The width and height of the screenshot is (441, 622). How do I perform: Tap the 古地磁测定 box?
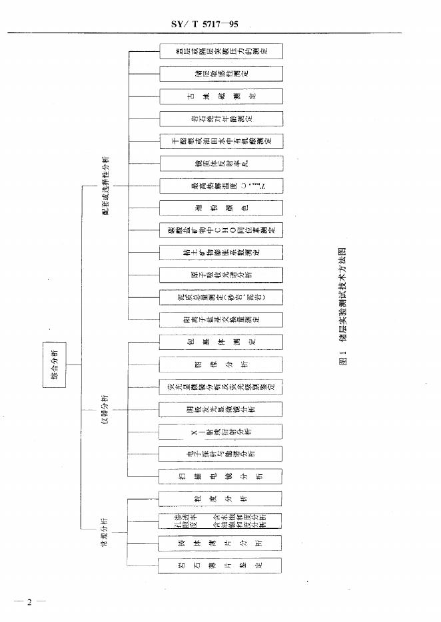pos(220,96)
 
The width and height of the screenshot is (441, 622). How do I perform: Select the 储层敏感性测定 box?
pos(220,73)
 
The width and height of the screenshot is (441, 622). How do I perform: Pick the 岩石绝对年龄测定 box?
pos(220,118)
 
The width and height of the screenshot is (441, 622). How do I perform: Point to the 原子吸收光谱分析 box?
pos(220,275)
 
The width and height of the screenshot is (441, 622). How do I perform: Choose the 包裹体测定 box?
pos(220,342)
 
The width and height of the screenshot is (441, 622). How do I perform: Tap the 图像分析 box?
pos(220,365)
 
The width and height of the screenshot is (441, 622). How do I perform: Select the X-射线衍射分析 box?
pos(220,431)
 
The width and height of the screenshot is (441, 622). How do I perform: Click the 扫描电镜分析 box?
pos(220,476)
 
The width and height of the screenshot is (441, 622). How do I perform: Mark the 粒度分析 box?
pos(220,498)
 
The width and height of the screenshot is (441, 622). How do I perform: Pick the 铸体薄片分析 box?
pos(220,543)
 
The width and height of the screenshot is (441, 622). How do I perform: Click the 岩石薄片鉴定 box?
pos(220,565)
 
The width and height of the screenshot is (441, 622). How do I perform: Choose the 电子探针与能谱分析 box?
pos(220,454)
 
